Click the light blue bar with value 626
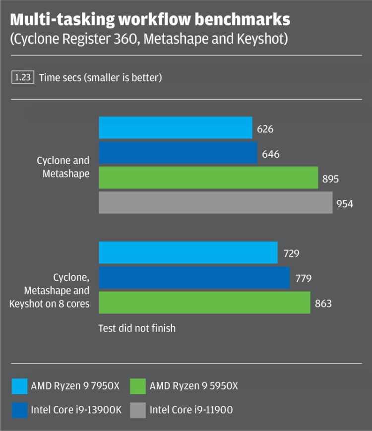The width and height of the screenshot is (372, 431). (176, 128)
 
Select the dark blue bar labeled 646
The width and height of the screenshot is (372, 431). (178, 153)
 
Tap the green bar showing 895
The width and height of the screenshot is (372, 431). (208, 178)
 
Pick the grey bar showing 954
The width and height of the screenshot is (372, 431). (216, 202)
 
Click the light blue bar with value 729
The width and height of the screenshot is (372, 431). (188, 253)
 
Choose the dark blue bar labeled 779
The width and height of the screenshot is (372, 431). (194, 278)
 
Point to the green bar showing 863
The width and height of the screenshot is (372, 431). (204, 303)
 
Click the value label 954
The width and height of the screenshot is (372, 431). (345, 203)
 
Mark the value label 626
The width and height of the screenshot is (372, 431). (265, 129)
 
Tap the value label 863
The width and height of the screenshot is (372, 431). (323, 304)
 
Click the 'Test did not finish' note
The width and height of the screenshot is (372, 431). (137, 328)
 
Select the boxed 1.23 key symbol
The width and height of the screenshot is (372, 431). (22, 77)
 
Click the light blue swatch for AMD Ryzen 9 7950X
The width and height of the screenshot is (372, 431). (18, 386)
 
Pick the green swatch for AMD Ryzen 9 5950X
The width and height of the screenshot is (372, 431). (137, 386)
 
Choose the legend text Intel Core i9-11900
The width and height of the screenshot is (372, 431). (191, 410)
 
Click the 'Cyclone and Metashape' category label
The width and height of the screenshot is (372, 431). (63, 167)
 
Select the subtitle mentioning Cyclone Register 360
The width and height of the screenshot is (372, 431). (149, 39)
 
